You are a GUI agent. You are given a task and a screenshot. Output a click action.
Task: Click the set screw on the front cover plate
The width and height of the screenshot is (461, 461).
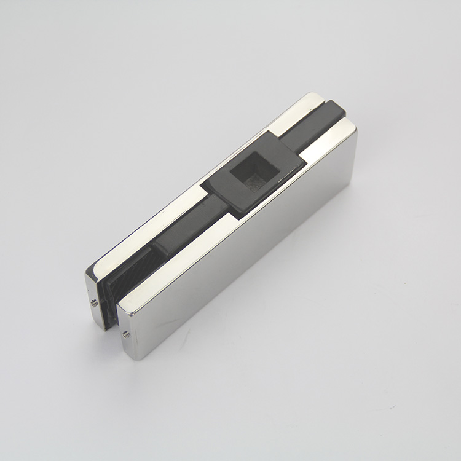pos(125,334)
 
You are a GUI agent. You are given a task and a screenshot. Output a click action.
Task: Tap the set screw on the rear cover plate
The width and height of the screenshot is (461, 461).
pos(94,302)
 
